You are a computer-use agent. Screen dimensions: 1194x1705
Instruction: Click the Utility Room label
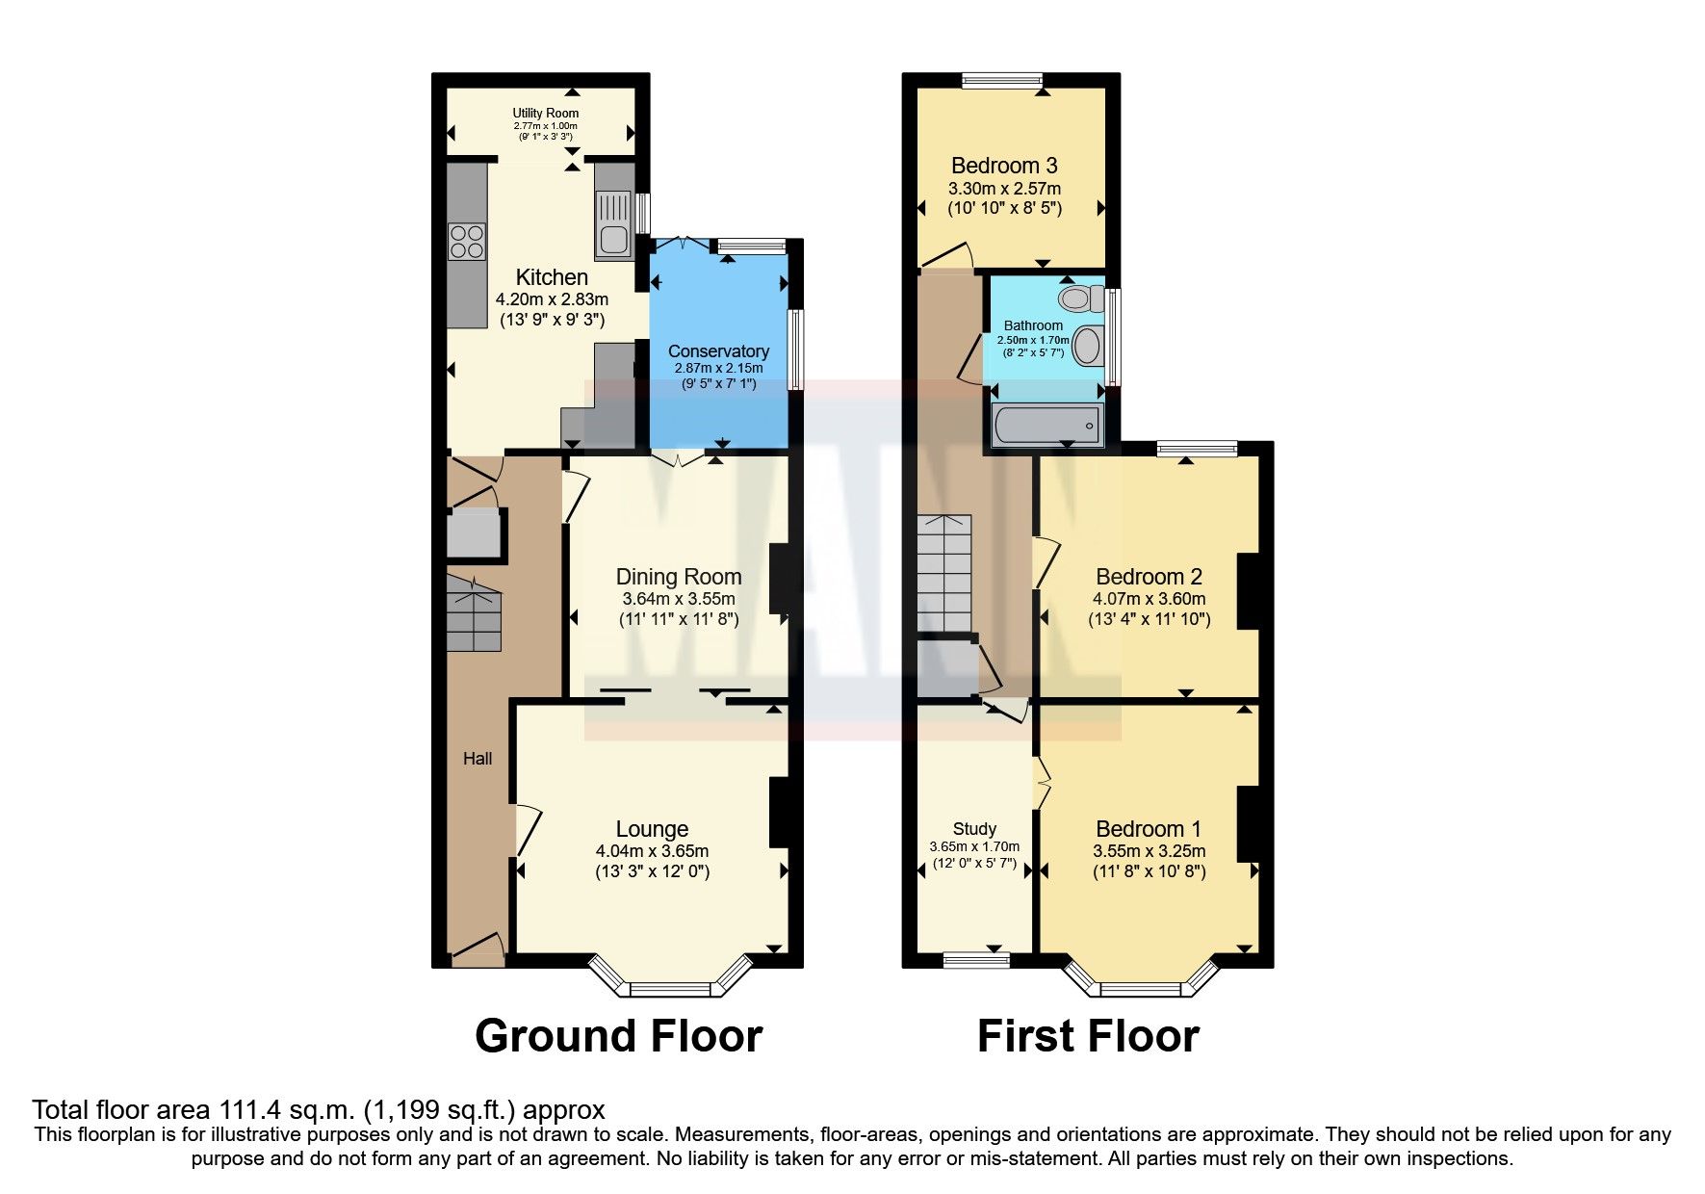click(x=545, y=113)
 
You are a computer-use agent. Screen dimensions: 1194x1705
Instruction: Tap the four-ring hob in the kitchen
click(x=467, y=240)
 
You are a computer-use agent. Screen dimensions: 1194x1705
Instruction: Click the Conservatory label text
click(x=718, y=351)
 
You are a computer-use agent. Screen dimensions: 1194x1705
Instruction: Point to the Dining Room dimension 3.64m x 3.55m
click(x=678, y=599)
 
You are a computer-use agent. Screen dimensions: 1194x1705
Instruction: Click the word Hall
click(x=478, y=759)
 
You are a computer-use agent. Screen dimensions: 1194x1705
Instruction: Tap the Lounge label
click(x=652, y=829)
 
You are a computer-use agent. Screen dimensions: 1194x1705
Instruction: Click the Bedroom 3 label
click(x=1004, y=166)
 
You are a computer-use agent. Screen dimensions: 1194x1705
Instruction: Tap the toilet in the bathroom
click(x=1078, y=297)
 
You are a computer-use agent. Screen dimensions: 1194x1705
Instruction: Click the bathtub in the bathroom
click(x=1046, y=425)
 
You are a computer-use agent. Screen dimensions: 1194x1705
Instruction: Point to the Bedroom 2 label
click(x=1149, y=577)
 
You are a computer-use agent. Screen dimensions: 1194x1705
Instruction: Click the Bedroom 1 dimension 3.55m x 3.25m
click(x=1149, y=851)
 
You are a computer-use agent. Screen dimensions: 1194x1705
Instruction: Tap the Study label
click(x=974, y=829)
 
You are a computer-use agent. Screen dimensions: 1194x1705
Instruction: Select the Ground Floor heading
click(x=618, y=1037)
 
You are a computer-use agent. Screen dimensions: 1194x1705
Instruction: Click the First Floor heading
click(x=1088, y=1037)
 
